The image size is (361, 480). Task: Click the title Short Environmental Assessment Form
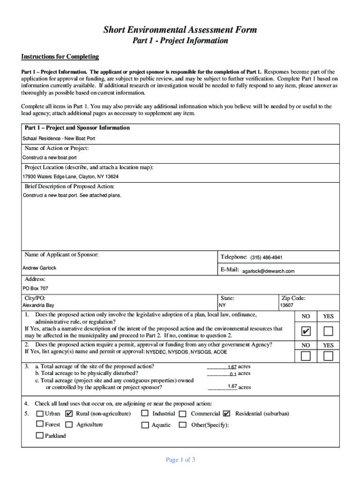tap(180, 30)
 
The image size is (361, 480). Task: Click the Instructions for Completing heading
tap(60, 57)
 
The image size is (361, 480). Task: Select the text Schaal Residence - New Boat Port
tap(59, 139)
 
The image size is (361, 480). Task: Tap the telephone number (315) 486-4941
tap(266, 258)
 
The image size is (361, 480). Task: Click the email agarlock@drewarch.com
tap(268, 271)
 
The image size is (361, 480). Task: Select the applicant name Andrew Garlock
tap(39, 268)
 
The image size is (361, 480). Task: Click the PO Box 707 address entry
tap(35, 289)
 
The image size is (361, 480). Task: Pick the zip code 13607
tap(286, 305)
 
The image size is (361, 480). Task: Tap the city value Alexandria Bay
tap(38, 305)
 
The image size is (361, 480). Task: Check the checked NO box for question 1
tap(306, 332)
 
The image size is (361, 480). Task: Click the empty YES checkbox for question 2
tap(328, 356)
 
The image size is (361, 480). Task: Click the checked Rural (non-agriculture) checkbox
tap(69, 413)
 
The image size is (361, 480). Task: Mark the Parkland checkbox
tap(40, 435)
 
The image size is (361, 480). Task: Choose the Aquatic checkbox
tap(144, 425)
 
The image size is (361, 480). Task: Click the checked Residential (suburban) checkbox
tap(227, 413)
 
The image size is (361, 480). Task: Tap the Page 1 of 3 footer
tap(180, 460)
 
